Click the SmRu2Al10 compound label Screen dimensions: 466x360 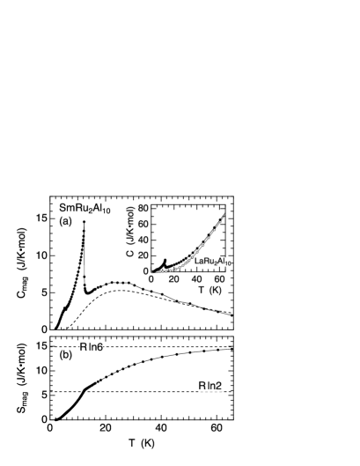84,209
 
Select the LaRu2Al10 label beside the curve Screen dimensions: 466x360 212,262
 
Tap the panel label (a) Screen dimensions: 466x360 65,222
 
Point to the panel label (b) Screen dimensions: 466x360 65,355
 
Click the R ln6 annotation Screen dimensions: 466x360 92,348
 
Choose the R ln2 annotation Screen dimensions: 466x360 209,386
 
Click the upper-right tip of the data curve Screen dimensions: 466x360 226,214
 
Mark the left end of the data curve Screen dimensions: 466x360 151,271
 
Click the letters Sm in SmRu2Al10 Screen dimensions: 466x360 65,209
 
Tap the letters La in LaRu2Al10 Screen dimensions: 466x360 198,262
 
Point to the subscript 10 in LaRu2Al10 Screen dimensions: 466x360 227,263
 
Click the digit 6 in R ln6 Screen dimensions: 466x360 101,348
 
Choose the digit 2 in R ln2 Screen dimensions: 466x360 219,386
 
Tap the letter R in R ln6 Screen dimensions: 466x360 83,348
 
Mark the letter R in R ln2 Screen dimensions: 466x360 201,386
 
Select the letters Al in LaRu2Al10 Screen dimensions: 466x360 220,262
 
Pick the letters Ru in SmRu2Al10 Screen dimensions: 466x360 79,209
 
